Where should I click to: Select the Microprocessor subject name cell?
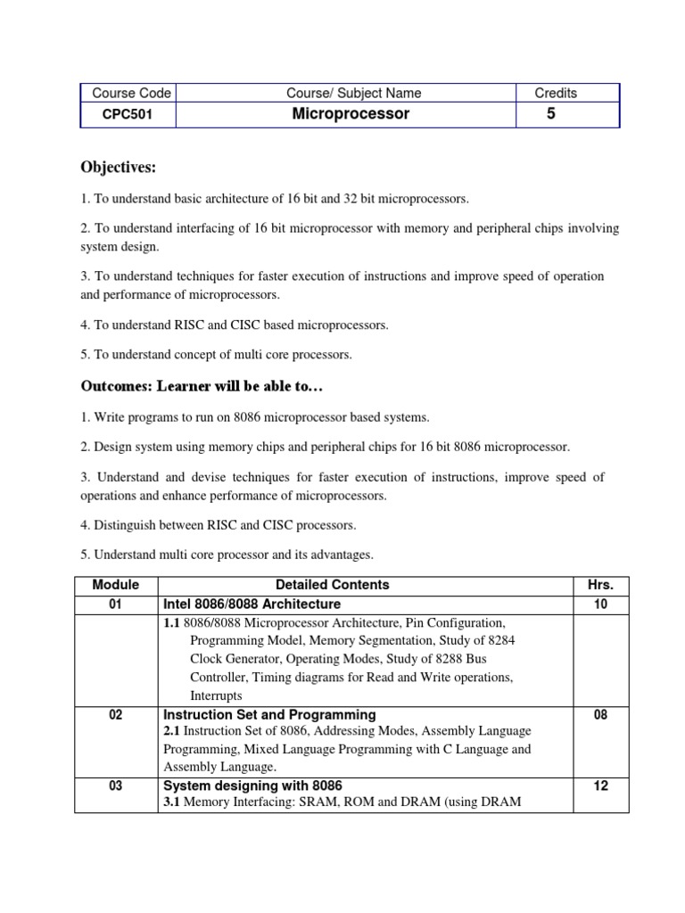(x=351, y=114)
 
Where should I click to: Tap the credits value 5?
(x=550, y=114)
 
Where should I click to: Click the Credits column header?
(x=555, y=93)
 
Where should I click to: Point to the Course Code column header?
(x=126, y=93)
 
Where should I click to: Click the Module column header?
(x=115, y=585)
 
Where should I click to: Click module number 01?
(x=115, y=605)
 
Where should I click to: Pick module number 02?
(x=115, y=714)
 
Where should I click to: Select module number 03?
(x=115, y=786)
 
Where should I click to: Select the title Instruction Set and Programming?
(x=268, y=714)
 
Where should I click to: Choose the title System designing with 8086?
(x=252, y=786)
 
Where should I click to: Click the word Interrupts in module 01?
(x=215, y=695)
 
